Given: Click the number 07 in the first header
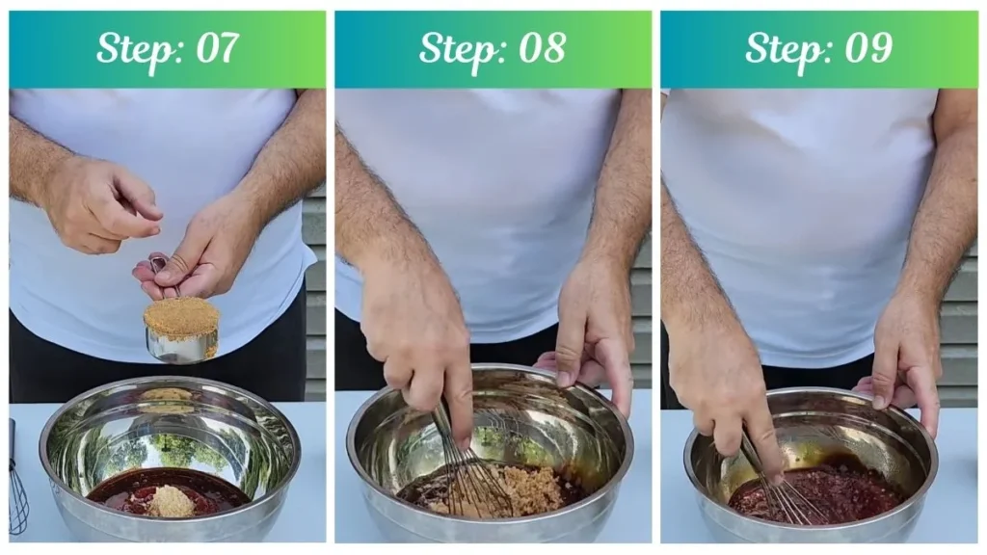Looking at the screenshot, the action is coord(217,48).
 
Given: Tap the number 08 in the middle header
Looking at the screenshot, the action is coord(542,48).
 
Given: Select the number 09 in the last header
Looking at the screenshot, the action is coord(868,48).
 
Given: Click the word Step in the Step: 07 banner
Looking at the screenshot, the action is coord(137,50).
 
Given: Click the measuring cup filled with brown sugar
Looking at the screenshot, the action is coord(181,330).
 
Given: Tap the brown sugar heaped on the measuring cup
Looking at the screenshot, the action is coord(181,316).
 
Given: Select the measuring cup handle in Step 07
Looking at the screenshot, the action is coord(162,275).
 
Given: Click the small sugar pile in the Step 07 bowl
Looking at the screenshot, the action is coord(171,501).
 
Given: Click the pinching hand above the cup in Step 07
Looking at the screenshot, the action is coord(100,204).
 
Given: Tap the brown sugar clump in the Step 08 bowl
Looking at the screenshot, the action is coord(503,490).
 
